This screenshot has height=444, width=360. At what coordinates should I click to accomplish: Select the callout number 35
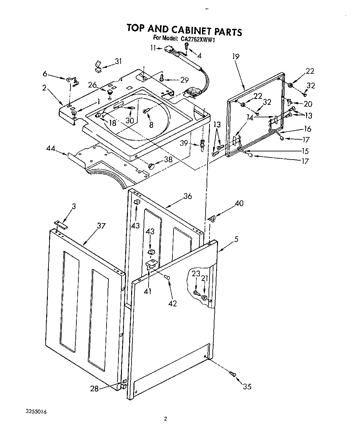pos(247,386)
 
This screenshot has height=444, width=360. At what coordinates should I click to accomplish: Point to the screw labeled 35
pos(233,374)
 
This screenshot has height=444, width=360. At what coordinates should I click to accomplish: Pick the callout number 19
pos(236,56)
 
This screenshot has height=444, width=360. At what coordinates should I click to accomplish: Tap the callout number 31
pos(118,61)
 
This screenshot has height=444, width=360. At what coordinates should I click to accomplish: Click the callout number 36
pos(188,196)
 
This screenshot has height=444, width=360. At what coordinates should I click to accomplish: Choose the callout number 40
pos(239,203)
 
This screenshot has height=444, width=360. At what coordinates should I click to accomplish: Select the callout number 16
pos(307,129)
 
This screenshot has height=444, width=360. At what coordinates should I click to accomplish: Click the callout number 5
pos(236,239)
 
